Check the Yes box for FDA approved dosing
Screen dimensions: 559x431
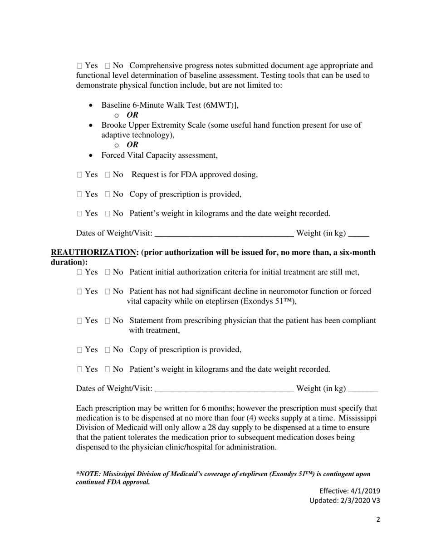[x=80, y=175]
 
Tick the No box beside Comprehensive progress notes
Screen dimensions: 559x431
[x=108, y=66]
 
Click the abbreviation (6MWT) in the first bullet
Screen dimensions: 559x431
[x=219, y=105]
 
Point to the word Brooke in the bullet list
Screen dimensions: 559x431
[x=113, y=125]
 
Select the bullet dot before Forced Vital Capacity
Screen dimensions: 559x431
[x=91, y=155]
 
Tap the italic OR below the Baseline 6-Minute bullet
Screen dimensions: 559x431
[x=132, y=115]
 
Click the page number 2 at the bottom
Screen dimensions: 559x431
[x=378, y=520]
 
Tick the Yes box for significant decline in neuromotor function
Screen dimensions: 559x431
[x=80, y=292]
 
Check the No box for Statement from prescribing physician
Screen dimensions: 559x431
[x=108, y=321]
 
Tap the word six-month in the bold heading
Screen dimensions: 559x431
[x=357, y=252]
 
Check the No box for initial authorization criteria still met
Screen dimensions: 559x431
[x=108, y=272]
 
